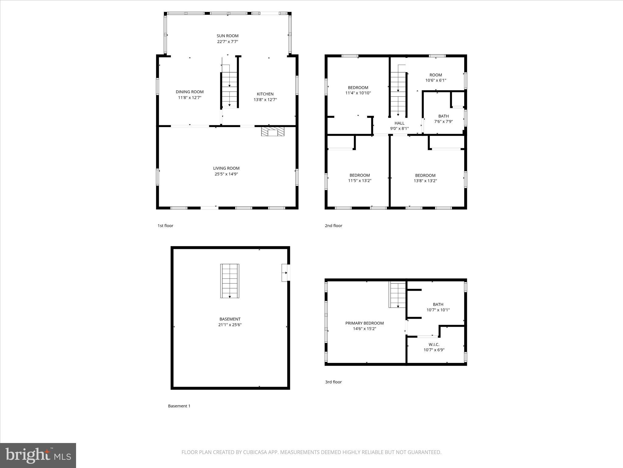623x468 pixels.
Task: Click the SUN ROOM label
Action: pyautogui.click(x=227, y=36)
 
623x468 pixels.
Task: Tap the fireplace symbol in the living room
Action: pyautogui.click(x=273, y=132)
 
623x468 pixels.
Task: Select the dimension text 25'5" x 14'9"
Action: pyautogui.click(x=226, y=174)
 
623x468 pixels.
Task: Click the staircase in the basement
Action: pyautogui.click(x=230, y=281)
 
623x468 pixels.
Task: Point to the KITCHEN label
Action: pyautogui.click(x=265, y=94)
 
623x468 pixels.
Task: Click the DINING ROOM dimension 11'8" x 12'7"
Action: pyautogui.click(x=190, y=97)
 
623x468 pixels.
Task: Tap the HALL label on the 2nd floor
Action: pyautogui.click(x=399, y=123)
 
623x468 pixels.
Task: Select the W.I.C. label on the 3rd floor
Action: pyautogui.click(x=434, y=345)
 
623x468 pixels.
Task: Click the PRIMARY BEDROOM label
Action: pyautogui.click(x=364, y=323)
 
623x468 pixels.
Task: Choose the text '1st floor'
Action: pyautogui.click(x=165, y=226)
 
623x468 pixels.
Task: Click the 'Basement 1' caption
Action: pyautogui.click(x=179, y=406)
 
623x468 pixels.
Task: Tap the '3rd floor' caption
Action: pyautogui.click(x=333, y=382)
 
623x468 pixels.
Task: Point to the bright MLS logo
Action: pyautogui.click(x=38, y=455)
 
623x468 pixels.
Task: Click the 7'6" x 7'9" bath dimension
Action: pyautogui.click(x=443, y=122)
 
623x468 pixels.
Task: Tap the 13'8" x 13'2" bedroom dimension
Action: pyautogui.click(x=425, y=181)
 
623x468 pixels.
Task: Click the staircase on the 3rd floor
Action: pyautogui.click(x=398, y=295)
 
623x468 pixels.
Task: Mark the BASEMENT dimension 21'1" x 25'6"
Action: pyautogui.click(x=230, y=325)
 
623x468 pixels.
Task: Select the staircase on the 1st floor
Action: pyautogui.click(x=229, y=90)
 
